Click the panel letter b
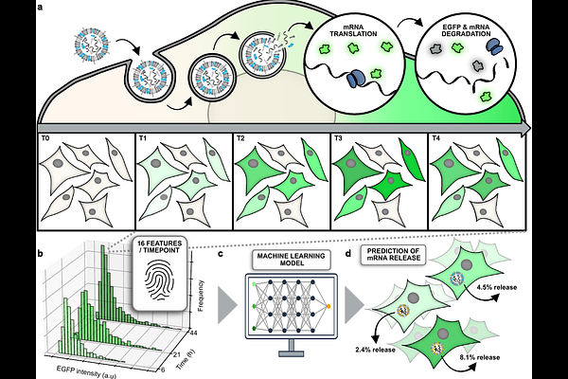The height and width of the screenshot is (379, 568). click(x=40, y=253)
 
